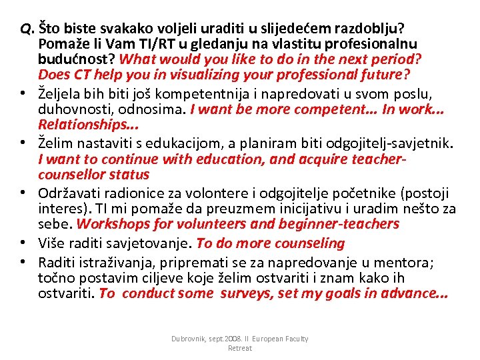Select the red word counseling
tap(308, 243)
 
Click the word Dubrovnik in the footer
tap(191, 339)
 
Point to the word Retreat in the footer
tap(240, 348)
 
